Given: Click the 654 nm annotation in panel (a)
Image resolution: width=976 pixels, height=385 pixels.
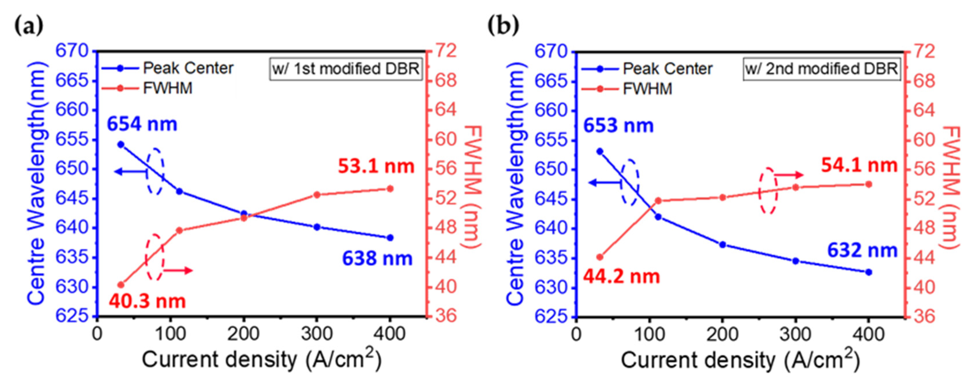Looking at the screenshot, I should pos(142,124).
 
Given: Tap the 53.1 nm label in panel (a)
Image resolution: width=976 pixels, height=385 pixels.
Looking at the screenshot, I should pos(376,167).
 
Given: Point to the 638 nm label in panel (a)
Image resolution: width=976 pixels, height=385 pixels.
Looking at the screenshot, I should pos(377,258).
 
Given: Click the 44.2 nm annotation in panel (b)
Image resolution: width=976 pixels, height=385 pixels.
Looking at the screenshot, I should pos(621,276).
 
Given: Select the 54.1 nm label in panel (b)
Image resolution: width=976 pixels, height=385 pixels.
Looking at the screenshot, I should pos(859,165).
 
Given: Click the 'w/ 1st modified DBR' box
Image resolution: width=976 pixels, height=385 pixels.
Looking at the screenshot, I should pos(346,69).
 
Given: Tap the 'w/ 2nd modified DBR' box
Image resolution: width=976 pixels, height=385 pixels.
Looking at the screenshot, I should pos(821,69).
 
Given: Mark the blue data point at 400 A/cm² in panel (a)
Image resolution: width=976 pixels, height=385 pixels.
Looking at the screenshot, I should pos(390,238).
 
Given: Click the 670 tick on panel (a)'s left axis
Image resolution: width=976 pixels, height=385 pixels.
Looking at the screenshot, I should pos(72,51).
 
